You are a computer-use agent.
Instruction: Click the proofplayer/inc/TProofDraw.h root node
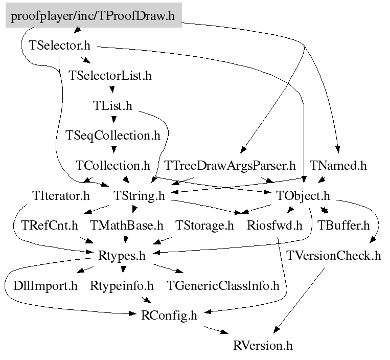click(93, 16)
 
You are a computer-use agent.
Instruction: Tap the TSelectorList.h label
click(110, 76)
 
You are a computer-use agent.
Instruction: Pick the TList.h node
click(112, 106)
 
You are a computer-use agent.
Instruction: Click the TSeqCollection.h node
click(113, 136)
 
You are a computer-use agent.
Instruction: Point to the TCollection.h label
click(112, 166)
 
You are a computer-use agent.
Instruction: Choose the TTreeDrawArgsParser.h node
click(230, 166)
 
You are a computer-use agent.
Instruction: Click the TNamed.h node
click(338, 166)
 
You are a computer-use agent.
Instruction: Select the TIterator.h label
click(60, 196)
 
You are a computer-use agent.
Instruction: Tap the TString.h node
click(139, 196)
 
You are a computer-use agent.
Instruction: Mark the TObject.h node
click(303, 196)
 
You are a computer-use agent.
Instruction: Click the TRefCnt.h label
click(50, 226)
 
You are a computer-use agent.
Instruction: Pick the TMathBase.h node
click(126, 226)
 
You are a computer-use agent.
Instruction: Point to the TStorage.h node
click(204, 226)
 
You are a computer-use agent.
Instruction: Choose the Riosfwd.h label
click(274, 226)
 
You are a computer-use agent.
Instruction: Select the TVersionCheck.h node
click(334, 256)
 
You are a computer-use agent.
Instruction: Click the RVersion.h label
click(263, 345)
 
